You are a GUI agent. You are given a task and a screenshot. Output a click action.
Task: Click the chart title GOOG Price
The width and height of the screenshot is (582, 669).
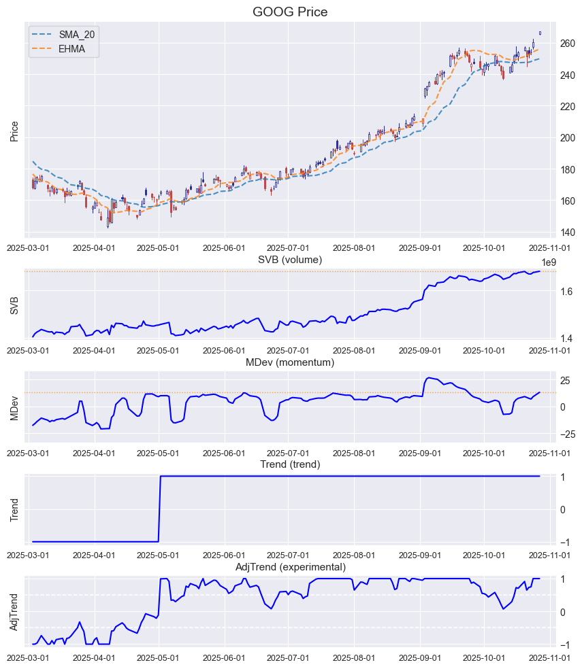click(x=291, y=12)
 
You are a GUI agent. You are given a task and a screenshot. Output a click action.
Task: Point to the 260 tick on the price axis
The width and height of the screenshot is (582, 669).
click(x=567, y=44)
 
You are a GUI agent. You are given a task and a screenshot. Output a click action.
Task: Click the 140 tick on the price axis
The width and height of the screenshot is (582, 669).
click(x=567, y=233)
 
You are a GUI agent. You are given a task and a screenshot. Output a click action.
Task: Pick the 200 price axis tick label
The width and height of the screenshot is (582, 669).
click(x=567, y=138)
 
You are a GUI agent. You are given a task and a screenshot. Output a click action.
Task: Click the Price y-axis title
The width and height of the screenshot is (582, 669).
click(x=14, y=131)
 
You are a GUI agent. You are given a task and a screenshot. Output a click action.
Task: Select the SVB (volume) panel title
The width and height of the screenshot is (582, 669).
click(x=290, y=260)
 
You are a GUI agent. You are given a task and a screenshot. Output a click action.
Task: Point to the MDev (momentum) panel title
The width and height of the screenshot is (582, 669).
click(x=290, y=362)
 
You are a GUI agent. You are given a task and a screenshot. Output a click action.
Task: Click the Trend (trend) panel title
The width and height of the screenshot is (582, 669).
click(x=290, y=464)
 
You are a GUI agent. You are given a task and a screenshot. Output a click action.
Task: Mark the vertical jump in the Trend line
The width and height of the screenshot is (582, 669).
click(x=159, y=509)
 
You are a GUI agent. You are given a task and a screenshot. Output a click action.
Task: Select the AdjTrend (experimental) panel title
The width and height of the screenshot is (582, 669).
click(x=290, y=567)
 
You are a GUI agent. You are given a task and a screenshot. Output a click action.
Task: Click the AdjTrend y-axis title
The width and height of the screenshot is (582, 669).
click(x=14, y=611)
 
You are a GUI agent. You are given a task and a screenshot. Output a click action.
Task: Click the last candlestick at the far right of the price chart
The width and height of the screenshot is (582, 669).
click(x=540, y=33)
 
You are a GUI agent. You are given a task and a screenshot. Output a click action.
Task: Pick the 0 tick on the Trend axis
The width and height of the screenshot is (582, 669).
click(x=562, y=509)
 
